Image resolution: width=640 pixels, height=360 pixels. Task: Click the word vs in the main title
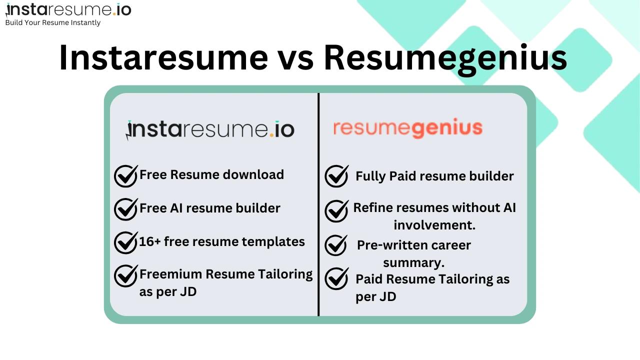pos(295,58)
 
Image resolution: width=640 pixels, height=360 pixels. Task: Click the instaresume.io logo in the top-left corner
pos(68,9)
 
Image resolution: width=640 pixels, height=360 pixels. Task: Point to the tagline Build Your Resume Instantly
pos(52,22)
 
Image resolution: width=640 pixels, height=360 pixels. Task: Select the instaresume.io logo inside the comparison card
pos(210,129)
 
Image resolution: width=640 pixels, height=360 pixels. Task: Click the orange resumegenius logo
pos(408,128)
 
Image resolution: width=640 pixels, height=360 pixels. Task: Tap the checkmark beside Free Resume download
pos(125,175)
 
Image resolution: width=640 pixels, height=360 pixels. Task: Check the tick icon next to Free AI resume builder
pos(125,208)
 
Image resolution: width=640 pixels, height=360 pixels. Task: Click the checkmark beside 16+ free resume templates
pos(125,242)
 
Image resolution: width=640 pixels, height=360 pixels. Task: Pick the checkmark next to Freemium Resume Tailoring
pos(125,275)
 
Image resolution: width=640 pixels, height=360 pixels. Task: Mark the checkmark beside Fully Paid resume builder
pos(336,176)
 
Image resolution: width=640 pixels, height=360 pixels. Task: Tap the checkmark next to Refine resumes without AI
pos(336,210)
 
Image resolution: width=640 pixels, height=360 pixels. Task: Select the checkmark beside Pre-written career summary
pos(336,245)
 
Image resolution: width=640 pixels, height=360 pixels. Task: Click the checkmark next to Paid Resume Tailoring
pos(336,278)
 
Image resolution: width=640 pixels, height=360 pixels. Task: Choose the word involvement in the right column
pos(434,225)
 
